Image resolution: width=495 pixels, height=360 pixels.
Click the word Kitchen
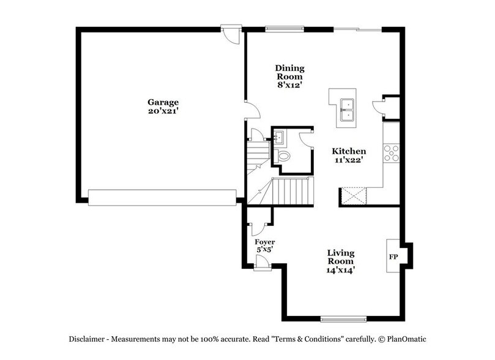pos(349,151)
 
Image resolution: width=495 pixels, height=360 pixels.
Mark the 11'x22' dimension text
pos(349,161)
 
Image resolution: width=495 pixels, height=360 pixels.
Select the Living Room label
pos(341,257)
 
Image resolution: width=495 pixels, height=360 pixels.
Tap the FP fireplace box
pos(393,256)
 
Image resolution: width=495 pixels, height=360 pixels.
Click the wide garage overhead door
pos(162,196)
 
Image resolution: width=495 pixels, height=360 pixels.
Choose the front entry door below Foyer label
pos(262,263)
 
